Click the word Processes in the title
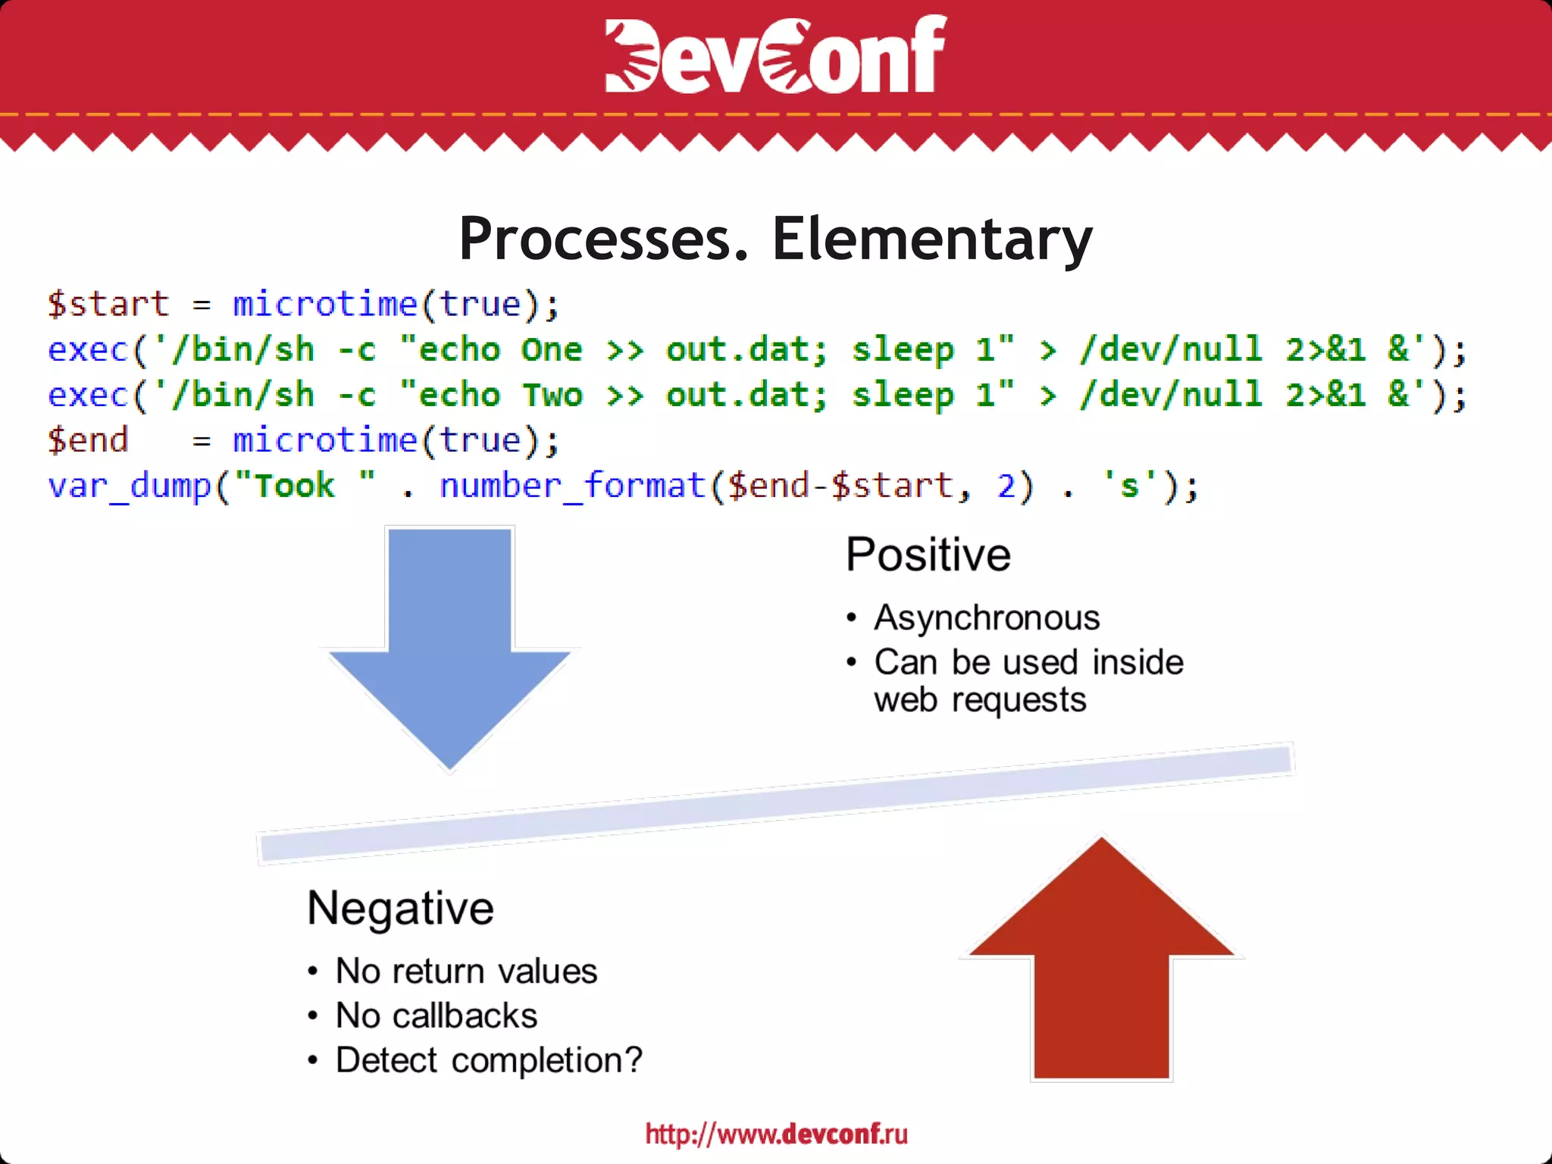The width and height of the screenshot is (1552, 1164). pos(603,239)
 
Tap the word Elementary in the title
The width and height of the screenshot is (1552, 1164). pos(931,239)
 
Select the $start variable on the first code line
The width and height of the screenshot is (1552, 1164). pos(108,305)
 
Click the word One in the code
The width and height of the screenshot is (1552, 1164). pos(551,350)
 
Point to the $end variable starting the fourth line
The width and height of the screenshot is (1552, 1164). pos(88,441)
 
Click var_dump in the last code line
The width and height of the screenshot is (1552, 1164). pos(129,487)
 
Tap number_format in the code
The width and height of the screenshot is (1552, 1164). pos(572,487)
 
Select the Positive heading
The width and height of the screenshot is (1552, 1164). pos(928,555)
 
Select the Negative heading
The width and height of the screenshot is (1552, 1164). pos(400,908)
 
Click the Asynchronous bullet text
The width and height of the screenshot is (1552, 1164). pos(987,618)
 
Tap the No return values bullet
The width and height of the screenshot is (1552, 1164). pos(466,972)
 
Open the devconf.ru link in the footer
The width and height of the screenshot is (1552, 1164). pos(776,1134)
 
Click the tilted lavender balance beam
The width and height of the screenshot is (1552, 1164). pos(776,804)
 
